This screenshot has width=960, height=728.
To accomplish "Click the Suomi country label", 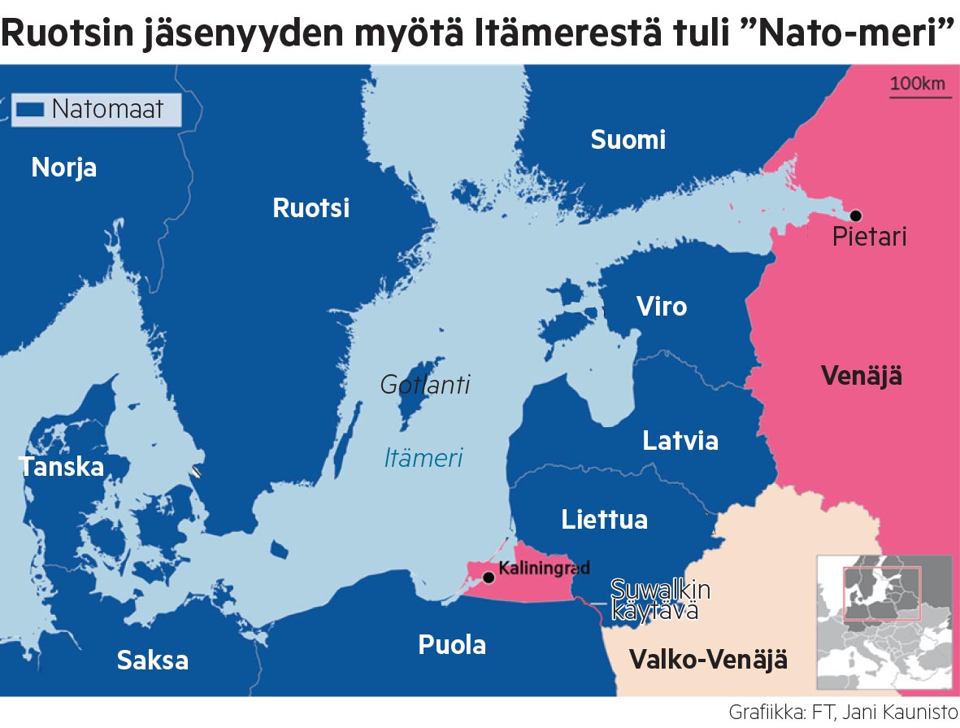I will (628, 140).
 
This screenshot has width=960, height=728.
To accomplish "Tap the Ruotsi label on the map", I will (311, 208).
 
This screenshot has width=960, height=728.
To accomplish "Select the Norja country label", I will (64, 168).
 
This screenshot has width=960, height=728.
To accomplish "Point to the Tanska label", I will (62, 467).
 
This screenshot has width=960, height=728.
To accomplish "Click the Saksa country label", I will (152, 660).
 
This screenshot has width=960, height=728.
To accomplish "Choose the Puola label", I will (452, 645).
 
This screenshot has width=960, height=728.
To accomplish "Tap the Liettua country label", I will (604, 520).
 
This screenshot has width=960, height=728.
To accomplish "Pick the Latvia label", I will (680, 441).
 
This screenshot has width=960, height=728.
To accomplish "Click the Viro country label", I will (661, 307).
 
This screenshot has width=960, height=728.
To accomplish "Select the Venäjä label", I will (861, 376).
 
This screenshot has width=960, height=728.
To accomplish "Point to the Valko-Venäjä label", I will (708, 659).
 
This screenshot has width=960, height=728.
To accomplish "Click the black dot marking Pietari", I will (855, 216).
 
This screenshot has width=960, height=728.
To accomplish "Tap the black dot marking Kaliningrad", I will (489, 578).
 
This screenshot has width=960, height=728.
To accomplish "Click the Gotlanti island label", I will (425, 385).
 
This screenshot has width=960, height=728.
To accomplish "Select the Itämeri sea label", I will (423, 458).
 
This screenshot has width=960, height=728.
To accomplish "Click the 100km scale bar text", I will (918, 83).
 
